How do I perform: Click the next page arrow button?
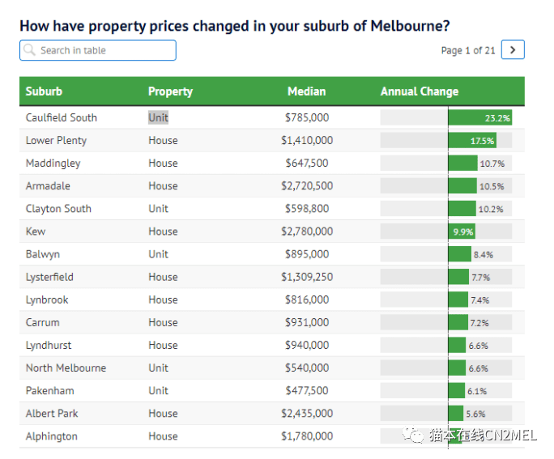513,50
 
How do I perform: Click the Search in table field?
98,50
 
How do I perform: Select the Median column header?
306,91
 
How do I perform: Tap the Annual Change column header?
419,91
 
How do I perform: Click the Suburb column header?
44,91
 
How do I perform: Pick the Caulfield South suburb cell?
62,117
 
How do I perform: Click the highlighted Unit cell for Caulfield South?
159,117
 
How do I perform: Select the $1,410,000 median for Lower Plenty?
306,140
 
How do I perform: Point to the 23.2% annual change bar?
480,117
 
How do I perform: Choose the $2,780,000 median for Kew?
306,232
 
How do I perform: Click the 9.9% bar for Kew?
462,232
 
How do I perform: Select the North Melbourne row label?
66,368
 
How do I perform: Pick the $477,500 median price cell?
306,390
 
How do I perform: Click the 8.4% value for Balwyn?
483,254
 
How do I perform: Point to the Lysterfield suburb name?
49,277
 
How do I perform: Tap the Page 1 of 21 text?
467,50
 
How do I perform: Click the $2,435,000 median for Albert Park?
306,413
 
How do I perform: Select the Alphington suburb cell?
52,436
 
